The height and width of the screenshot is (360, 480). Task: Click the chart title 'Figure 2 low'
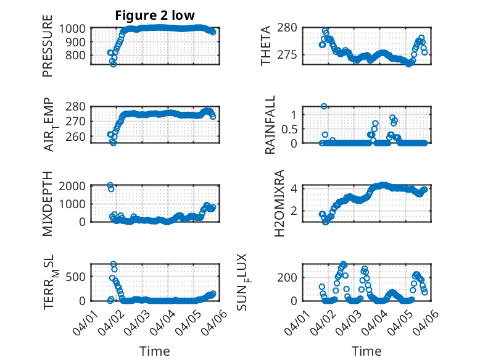(155, 16)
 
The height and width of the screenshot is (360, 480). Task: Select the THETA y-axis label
(266, 46)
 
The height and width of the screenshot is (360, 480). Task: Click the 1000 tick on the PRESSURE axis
(76, 28)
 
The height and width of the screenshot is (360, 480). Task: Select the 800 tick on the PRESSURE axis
(79, 55)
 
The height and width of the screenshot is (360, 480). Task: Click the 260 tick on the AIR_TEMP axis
(79, 136)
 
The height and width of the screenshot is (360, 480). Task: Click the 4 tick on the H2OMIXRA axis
(295, 188)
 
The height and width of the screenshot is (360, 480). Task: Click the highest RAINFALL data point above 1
(324, 106)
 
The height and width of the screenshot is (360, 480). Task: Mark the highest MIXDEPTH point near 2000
(110, 185)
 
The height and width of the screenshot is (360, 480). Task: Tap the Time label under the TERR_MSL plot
(155, 351)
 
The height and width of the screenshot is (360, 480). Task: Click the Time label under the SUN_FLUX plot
(366, 351)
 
